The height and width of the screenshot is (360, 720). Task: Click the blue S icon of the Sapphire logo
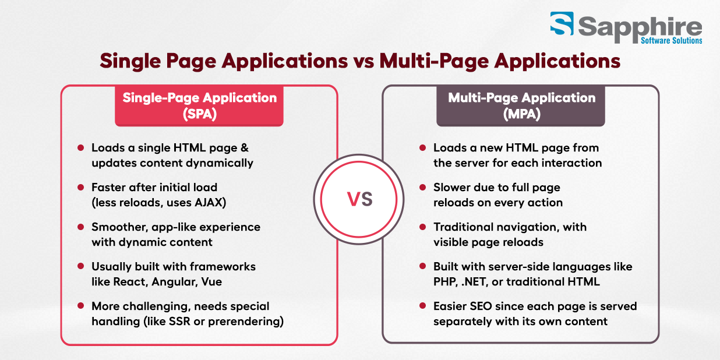[562, 23]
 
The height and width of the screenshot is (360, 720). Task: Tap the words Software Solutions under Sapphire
[672, 41]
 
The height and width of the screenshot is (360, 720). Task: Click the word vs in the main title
[363, 61]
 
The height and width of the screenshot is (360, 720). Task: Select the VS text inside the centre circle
[359, 199]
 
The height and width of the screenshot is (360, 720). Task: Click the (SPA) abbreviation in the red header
[200, 114]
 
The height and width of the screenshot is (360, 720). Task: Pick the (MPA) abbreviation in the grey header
[522, 114]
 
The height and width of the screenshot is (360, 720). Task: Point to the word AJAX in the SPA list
[209, 203]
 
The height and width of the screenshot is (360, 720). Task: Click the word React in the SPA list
[131, 281]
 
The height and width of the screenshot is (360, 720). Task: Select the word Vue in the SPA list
[211, 281]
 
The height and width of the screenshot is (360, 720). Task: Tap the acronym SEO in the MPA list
[481, 306]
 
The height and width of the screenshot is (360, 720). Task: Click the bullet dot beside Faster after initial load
[80, 187]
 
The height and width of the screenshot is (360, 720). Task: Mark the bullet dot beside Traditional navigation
[423, 227]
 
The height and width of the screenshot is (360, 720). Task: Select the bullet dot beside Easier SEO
[423, 306]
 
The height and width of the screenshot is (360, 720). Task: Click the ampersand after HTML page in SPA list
[245, 147]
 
